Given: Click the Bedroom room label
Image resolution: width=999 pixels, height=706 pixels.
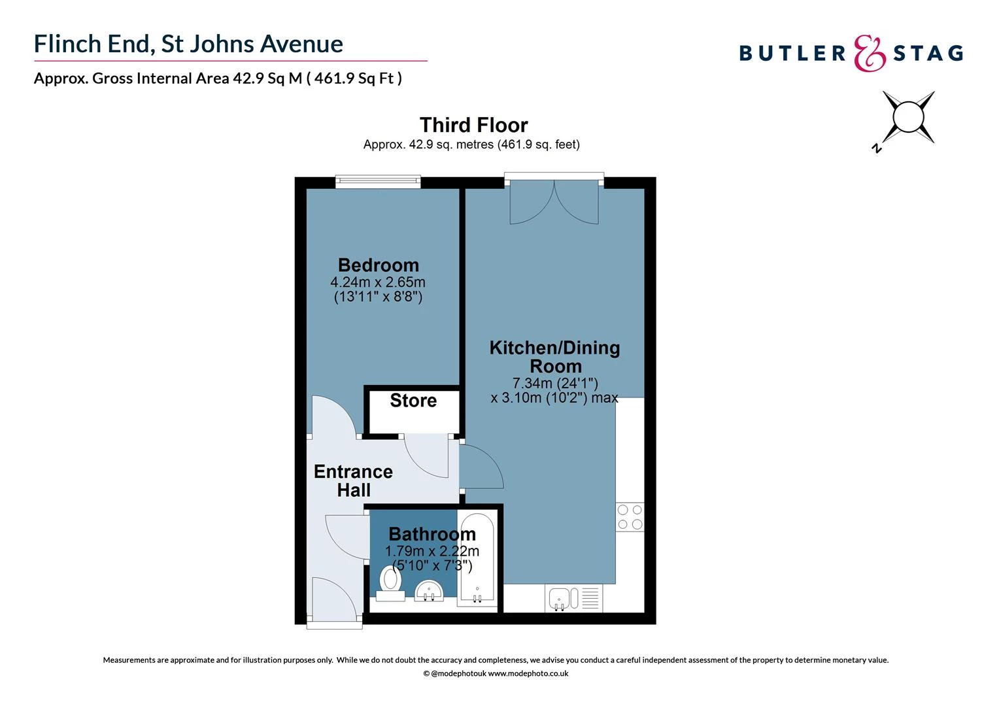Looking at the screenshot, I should click(x=378, y=265).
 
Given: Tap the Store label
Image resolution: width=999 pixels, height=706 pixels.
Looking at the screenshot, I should click(x=413, y=401).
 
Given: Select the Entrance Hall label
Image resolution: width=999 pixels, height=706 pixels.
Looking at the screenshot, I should click(x=353, y=480).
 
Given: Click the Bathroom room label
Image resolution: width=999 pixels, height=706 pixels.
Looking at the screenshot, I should click(x=432, y=534).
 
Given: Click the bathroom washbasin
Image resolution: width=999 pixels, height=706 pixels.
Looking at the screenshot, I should click(x=429, y=590).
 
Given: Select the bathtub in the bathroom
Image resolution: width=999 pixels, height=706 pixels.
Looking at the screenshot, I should click(x=477, y=559).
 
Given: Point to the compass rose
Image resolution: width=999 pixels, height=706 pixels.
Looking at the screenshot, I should click(x=907, y=118).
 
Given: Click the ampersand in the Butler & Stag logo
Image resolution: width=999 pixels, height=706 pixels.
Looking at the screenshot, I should click(x=870, y=53).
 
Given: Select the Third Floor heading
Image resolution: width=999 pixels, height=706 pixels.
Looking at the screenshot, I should click(x=473, y=125).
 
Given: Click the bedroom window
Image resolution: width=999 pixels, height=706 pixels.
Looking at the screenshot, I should click(x=378, y=182).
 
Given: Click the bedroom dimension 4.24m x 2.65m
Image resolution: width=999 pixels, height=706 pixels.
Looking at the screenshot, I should click(x=378, y=282).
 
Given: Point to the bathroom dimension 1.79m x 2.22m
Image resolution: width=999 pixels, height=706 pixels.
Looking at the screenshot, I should click(x=432, y=551).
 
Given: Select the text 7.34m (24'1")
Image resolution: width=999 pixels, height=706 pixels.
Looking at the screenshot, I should click(x=555, y=382).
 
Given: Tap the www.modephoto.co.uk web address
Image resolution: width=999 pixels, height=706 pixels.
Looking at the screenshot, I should click(x=528, y=673).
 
